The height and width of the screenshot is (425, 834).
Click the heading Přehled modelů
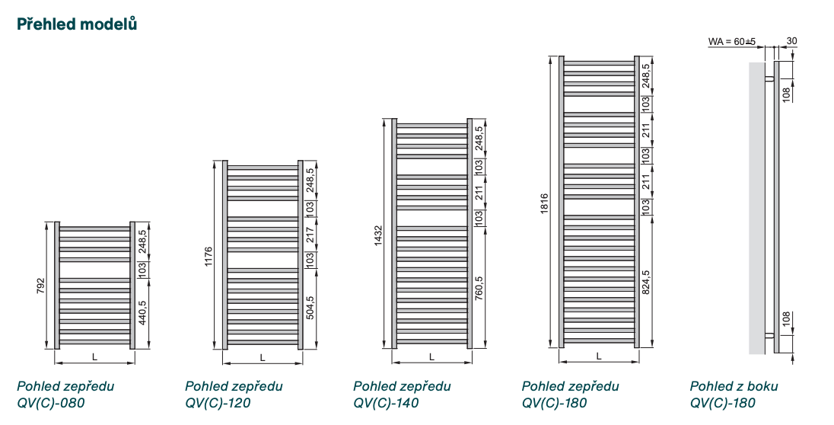77,24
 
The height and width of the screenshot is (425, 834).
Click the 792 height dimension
42,285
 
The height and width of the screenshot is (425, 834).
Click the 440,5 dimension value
142,312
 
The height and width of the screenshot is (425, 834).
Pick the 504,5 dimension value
310,307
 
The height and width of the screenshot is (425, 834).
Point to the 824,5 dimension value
646,282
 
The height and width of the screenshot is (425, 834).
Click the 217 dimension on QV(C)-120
310,235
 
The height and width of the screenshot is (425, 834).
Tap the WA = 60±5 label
732,41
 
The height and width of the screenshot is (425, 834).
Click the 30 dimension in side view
791,41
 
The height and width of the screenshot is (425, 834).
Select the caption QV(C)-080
51,403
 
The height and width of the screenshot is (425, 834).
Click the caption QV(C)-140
387,403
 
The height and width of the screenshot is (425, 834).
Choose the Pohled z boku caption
734,386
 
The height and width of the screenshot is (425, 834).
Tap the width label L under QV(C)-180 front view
599,356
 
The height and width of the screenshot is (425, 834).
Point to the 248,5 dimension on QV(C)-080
142,240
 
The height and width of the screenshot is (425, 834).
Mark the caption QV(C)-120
218,403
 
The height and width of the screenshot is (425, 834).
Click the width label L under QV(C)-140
431,356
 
